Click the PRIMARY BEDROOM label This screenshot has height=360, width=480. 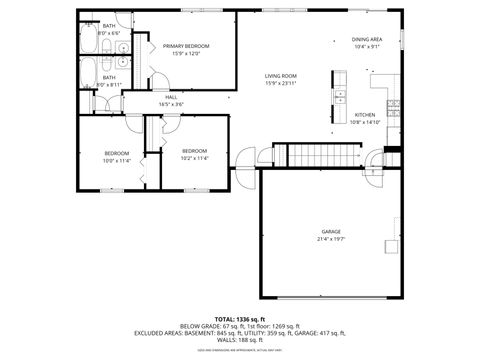[x=186, y=46]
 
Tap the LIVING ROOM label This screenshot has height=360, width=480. [x=281, y=76]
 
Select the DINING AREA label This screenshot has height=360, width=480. [x=367, y=39]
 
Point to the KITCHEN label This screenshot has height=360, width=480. [x=366, y=115]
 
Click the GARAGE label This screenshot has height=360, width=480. [x=331, y=231]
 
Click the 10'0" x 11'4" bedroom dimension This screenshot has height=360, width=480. [x=117, y=160]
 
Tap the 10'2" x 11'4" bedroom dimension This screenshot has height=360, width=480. [x=193, y=157]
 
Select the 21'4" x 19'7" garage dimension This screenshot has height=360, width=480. [x=331, y=239]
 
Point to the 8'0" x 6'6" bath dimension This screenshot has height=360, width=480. [x=109, y=33]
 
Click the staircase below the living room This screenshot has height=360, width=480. [x=323, y=154]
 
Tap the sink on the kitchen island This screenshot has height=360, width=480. [x=340, y=98]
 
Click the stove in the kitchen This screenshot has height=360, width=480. [x=395, y=104]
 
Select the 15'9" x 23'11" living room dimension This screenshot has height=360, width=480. [x=281, y=83]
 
